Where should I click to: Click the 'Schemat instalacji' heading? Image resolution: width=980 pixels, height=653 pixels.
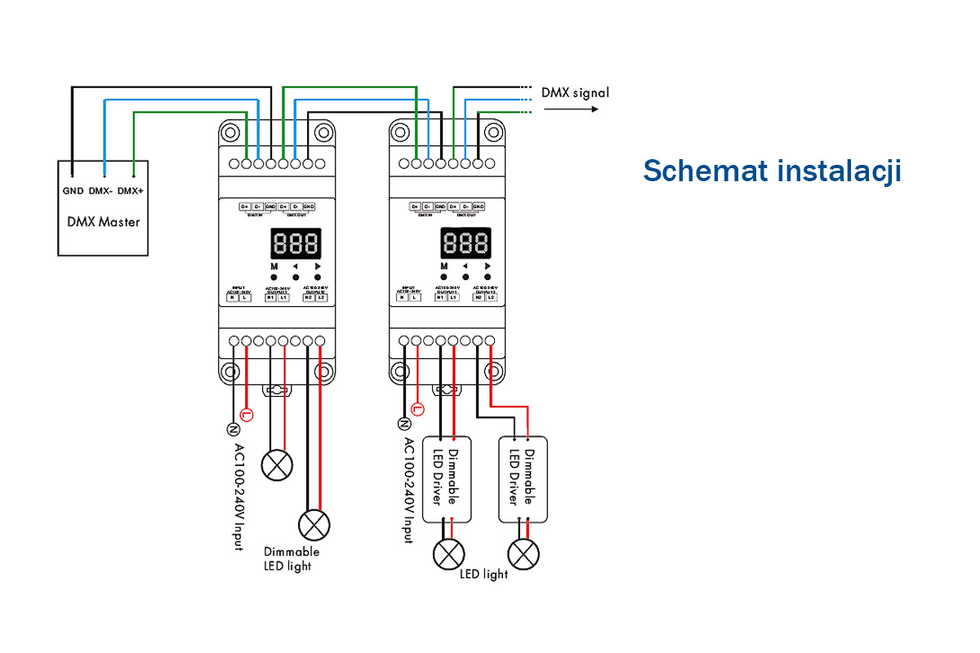[x=772, y=171]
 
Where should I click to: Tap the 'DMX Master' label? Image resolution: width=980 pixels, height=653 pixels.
[x=103, y=221]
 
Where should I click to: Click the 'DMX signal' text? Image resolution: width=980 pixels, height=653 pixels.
[x=575, y=92]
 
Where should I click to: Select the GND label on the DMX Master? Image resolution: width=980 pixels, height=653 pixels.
[x=72, y=192]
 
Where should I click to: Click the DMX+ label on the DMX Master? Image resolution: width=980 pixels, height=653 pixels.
[x=131, y=192]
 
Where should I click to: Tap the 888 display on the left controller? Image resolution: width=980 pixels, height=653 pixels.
[x=296, y=243]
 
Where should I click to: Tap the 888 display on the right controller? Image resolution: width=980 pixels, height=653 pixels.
[x=465, y=243]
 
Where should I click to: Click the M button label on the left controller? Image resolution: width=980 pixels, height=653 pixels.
[x=274, y=266]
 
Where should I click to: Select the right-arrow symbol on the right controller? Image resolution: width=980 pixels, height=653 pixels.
[x=488, y=266]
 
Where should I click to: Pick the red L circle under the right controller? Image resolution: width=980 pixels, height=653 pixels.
[x=417, y=408]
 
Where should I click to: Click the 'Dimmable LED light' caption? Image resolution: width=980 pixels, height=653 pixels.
[x=291, y=559]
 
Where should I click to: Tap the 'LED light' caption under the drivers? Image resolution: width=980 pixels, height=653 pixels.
[x=483, y=574]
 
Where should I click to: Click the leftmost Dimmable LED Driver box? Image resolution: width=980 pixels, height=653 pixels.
[x=448, y=478]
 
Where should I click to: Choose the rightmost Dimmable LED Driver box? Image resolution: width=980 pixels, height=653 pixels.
[x=523, y=478]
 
